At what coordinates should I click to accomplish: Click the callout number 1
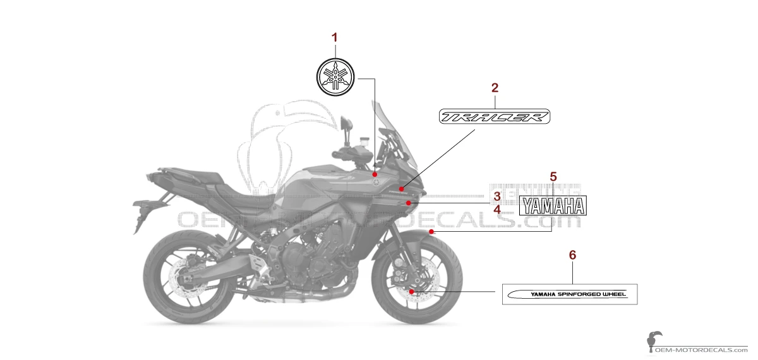[x=335, y=38]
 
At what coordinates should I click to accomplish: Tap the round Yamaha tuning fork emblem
[x=335, y=76]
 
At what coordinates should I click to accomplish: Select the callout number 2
[x=495, y=88]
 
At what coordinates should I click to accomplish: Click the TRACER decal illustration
[x=495, y=117]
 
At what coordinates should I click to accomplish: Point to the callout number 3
[x=497, y=196]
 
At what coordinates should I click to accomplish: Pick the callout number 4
[x=497, y=208]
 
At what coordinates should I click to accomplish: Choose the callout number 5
[x=553, y=176]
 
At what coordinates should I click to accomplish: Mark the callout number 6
[x=573, y=255]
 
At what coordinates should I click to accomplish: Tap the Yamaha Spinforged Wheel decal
[x=570, y=294]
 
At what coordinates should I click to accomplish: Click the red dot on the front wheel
[x=411, y=291]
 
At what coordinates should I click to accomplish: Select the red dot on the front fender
[x=431, y=232]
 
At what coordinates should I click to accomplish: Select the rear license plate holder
[x=140, y=208]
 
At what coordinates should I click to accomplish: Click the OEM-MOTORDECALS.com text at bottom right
[x=701, y=349]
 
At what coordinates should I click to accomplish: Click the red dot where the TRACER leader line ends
[x=401, y=189]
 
